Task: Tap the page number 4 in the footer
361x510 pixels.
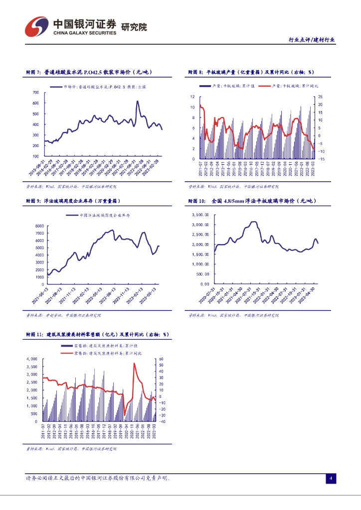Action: [330, 479]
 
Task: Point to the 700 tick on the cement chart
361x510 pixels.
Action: [35, 93]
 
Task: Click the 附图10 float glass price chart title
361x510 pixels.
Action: [254, 200]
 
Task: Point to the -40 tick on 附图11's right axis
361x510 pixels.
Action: [161, 421]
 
